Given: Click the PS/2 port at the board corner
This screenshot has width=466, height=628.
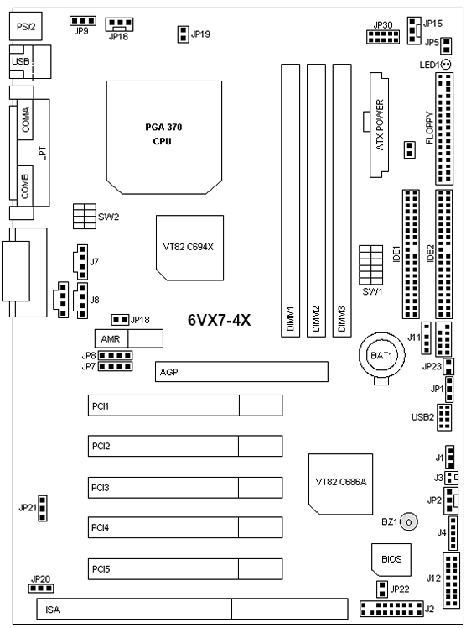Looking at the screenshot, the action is [x=26, y=26].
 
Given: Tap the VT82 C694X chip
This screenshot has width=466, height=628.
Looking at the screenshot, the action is [x=189, y=248].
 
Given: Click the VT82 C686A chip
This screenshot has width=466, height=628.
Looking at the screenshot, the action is [x=340, y=484].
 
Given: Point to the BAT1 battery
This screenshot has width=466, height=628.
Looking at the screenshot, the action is [x=381, y=355].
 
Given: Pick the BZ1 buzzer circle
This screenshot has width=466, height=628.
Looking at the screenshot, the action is [x=408, y=522].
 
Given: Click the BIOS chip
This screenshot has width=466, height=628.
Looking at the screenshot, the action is [x=391, y=559].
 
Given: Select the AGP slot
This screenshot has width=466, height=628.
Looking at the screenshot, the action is [x=241, y=371].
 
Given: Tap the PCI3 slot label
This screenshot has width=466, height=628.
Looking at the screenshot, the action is [x=101, y=488].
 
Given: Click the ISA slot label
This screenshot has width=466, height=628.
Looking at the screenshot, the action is [x=53, y=610].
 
